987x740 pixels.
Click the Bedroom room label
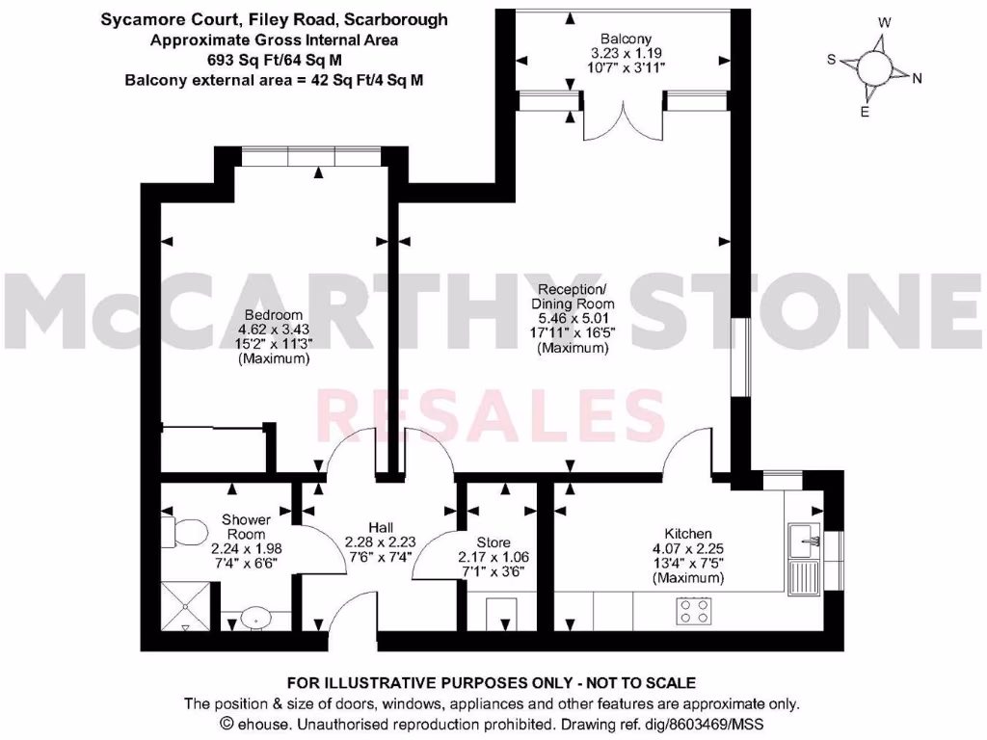[x=274, y=315]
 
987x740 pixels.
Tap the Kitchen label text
[x=687, y=534]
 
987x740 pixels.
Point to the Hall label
[x=381, y=527]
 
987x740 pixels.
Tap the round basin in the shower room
[x=256, y=617]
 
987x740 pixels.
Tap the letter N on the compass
[x=917, y=79]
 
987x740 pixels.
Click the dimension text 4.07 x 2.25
[x=687, y=549]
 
